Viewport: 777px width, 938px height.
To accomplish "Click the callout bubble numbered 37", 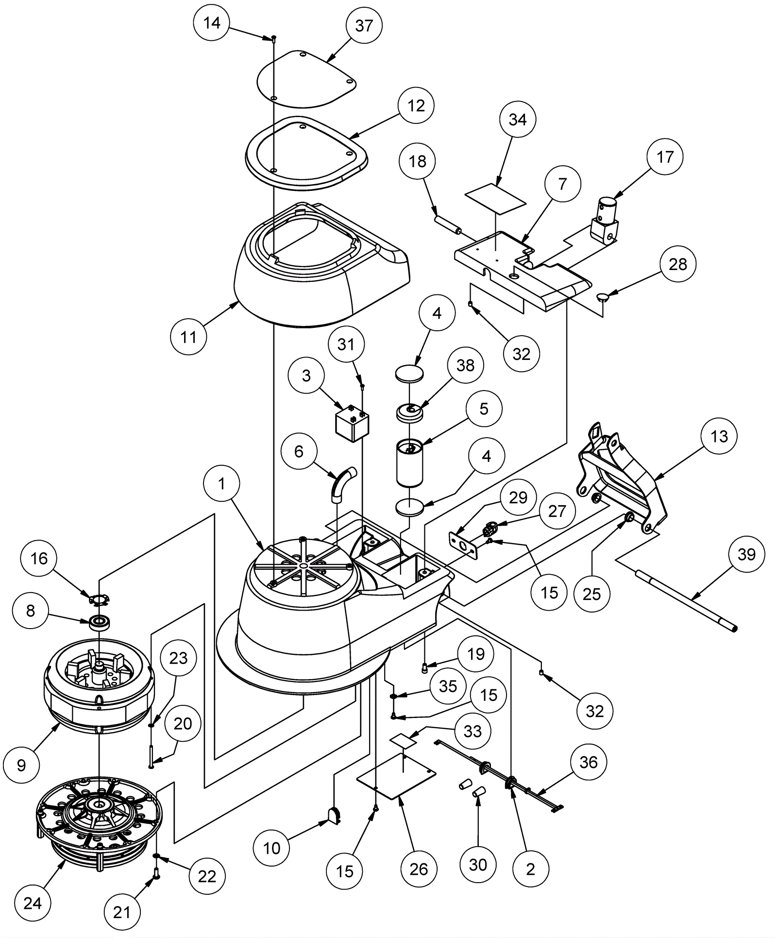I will (x=364, y=26).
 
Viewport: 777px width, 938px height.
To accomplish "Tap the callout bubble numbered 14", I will (x=212, y=23).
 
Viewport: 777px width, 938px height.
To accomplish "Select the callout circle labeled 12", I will (x=416, y=105).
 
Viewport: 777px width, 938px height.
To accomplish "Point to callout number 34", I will (x=518, y=119).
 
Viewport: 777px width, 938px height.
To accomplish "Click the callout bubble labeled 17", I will (x=665, y=157).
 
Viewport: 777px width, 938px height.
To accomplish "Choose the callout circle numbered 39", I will (x=746, y=554).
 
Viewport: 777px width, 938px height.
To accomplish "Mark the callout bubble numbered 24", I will (x=33, y=903).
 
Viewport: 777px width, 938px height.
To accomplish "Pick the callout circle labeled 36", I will (x=589, y=762).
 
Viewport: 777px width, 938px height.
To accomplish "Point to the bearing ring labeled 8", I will (x=101, y=622).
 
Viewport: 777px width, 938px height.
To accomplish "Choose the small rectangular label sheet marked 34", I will (x=495, y=198).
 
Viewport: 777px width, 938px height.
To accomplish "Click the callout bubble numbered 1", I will (x=222, y=484).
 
